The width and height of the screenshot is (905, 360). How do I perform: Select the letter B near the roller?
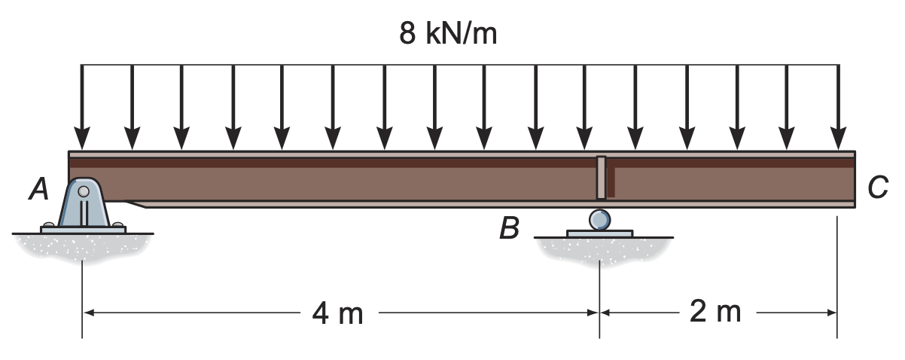(x=509, y=228)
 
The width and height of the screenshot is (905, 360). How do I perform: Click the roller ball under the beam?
(x=599, y=219)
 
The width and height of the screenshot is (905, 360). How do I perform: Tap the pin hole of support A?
(x=83, y=191)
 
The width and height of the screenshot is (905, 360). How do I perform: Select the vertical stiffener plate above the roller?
(x=600, y=178)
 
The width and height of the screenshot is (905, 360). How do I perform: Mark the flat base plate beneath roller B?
(x=599, y=233)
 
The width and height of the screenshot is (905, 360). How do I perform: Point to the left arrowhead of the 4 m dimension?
(x=89, y=312)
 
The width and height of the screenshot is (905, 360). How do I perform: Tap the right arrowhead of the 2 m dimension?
(x=830, y=312)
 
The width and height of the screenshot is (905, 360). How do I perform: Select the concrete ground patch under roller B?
(x=601, y=249)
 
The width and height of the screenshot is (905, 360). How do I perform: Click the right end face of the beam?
(x=856, y=179)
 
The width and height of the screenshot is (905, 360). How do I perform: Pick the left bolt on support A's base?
(x=49, y=224)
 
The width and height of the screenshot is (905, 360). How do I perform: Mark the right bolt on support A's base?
(x=117, y=224)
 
